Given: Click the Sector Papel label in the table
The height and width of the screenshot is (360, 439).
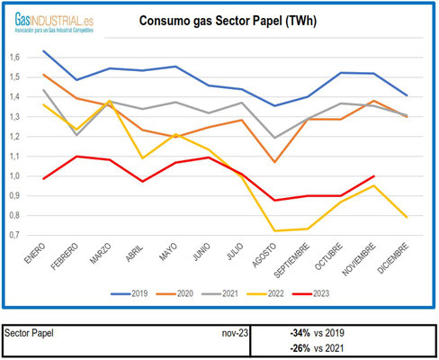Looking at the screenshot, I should click(x=29, y=332).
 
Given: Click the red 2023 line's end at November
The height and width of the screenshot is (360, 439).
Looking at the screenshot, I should click(x=372, y=176).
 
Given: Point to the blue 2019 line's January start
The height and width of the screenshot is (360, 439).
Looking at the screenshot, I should click(x=44, y=51).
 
